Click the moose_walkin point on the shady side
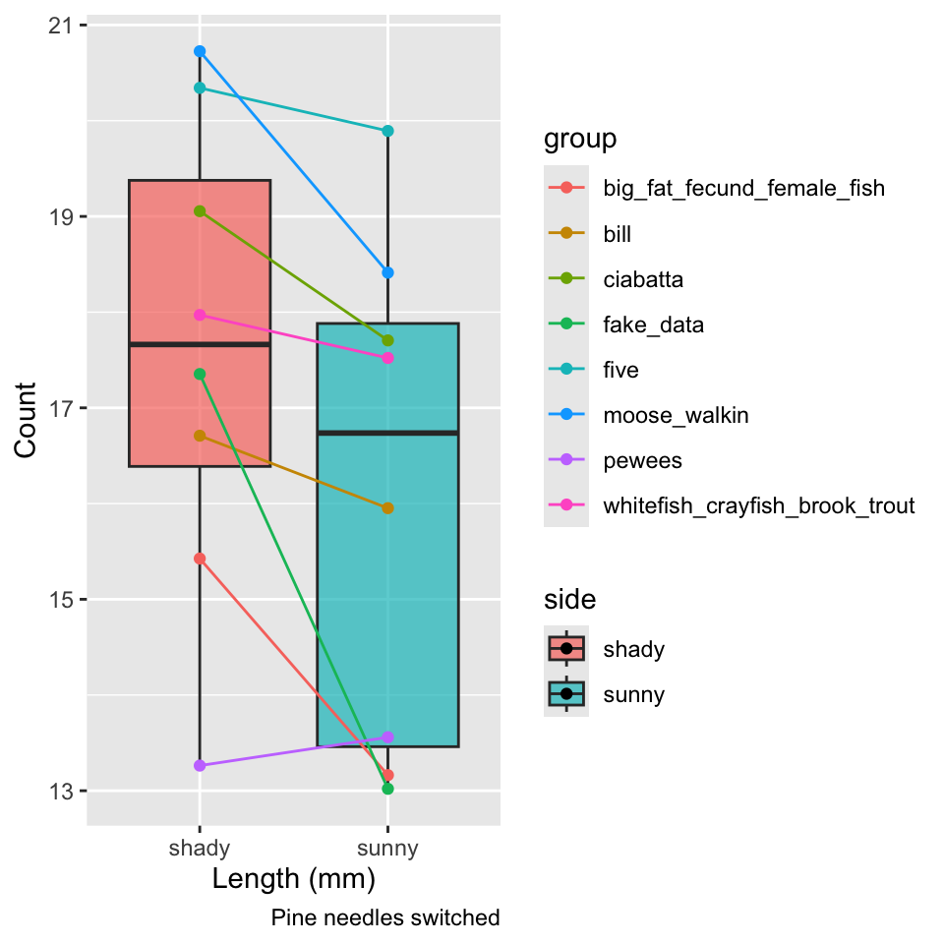pos(200,52)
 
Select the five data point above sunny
pos(387,131)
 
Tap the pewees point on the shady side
pos(200,766)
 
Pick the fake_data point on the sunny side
pos(387,789)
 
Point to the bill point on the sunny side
pos(387,508)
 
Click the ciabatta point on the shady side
pos(200,211)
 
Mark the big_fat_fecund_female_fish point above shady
pos(200,559)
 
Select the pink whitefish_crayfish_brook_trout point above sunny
pos(387,358)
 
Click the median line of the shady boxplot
pos(200,344)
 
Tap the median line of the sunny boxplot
pos(387,433)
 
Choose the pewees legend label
pos(642,461)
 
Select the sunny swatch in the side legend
pos(566,694)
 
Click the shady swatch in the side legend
pos(566,649)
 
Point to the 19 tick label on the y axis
pos(60,216)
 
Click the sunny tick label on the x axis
pos(387,849)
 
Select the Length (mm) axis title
pos(294,879)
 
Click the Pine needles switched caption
pos(385,918)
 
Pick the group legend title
pos(580,140)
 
